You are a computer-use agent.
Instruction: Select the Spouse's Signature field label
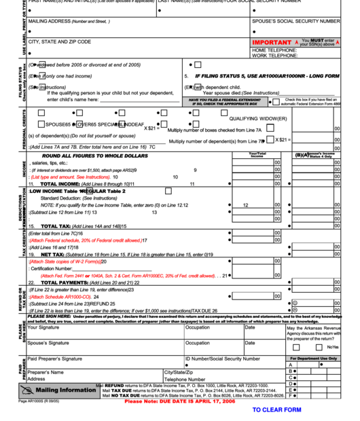point(48,343)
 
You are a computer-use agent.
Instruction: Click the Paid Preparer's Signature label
point(59,359)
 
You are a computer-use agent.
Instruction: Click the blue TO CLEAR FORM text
point(276,410)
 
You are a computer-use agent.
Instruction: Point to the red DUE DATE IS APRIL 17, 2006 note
point(180,401)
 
